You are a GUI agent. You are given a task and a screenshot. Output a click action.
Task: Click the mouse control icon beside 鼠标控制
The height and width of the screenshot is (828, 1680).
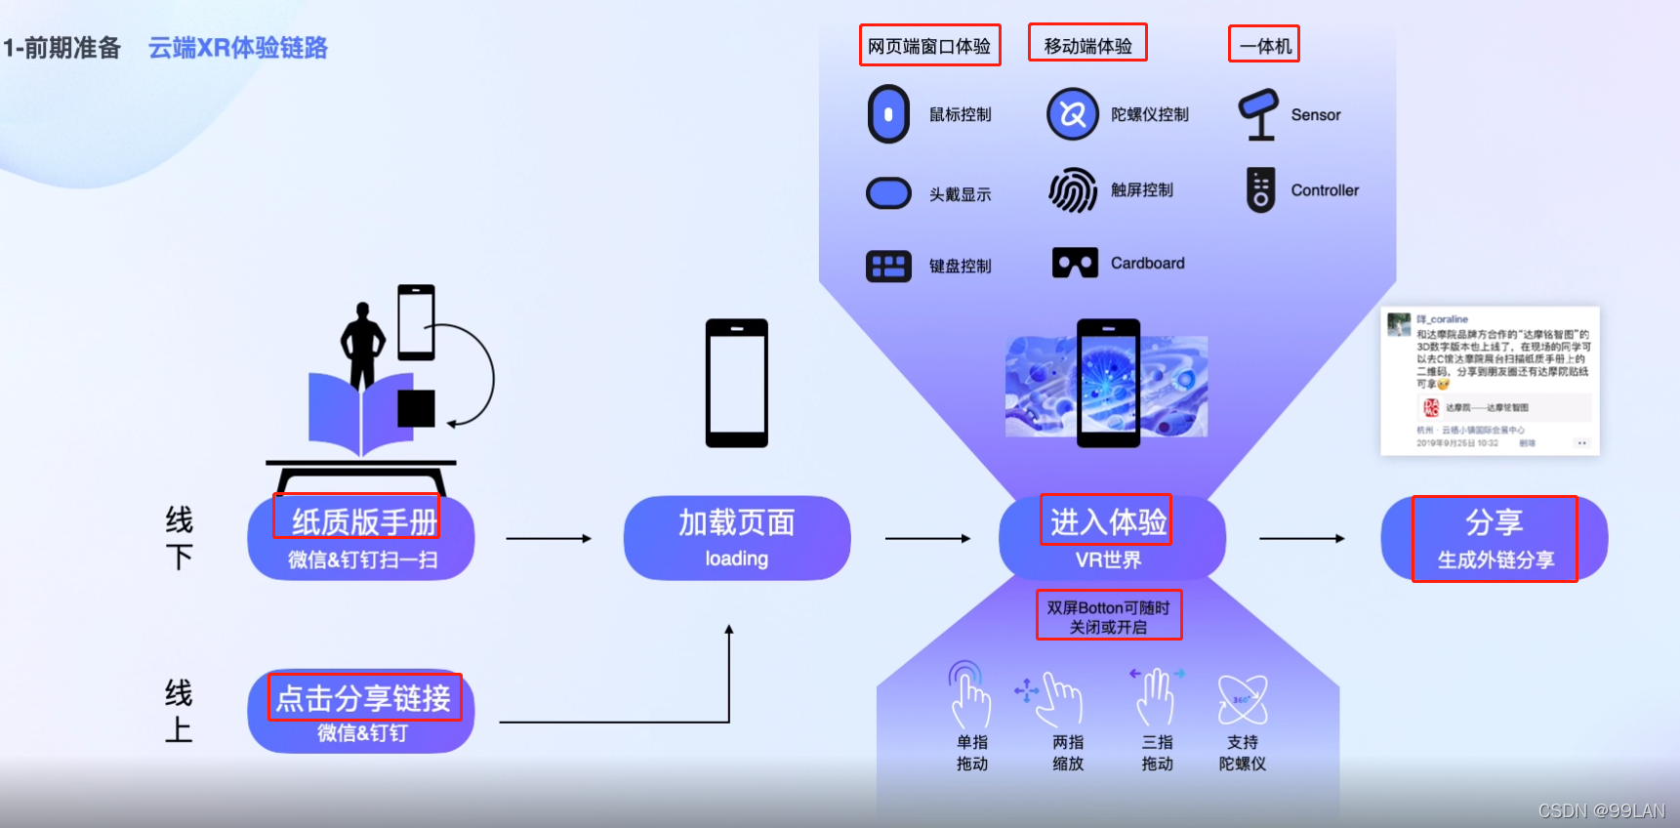(888, 114)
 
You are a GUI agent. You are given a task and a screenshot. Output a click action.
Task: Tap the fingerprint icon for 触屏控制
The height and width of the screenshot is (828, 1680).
(1073, 190)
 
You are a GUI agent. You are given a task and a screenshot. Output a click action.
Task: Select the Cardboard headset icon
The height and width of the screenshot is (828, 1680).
(1075, 263)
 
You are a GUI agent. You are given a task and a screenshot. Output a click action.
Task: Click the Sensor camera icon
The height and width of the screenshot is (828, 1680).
(1258, 114)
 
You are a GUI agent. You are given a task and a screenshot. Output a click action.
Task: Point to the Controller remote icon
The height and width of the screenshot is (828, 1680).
(1260, 189)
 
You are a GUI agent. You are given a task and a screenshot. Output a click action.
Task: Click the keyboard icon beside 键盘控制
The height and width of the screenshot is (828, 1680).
(888, 266)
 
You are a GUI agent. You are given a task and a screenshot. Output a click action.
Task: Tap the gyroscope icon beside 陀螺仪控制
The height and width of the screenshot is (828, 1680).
(1073, 114)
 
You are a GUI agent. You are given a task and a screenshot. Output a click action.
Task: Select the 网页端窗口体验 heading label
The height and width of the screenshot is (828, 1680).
(929, 46)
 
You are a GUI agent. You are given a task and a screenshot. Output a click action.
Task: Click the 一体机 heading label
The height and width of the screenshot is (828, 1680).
(1264, 46)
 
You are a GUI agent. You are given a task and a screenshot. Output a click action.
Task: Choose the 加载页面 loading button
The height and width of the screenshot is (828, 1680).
(737, 538)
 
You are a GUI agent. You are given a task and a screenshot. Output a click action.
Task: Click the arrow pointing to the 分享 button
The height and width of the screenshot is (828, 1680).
(1302, 538)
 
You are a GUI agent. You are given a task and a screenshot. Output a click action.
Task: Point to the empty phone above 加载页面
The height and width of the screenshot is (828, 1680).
(737, 383)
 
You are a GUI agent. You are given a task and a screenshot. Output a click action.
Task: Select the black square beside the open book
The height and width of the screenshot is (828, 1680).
(416, 408)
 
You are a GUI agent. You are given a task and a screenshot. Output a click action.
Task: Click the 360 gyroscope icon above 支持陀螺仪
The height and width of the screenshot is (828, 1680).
(1242, 699)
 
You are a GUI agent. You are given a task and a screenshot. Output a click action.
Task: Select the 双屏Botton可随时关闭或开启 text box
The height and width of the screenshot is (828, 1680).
(1109, 616)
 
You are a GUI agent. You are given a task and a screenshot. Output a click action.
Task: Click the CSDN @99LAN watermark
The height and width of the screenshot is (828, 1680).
(1601, 810)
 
